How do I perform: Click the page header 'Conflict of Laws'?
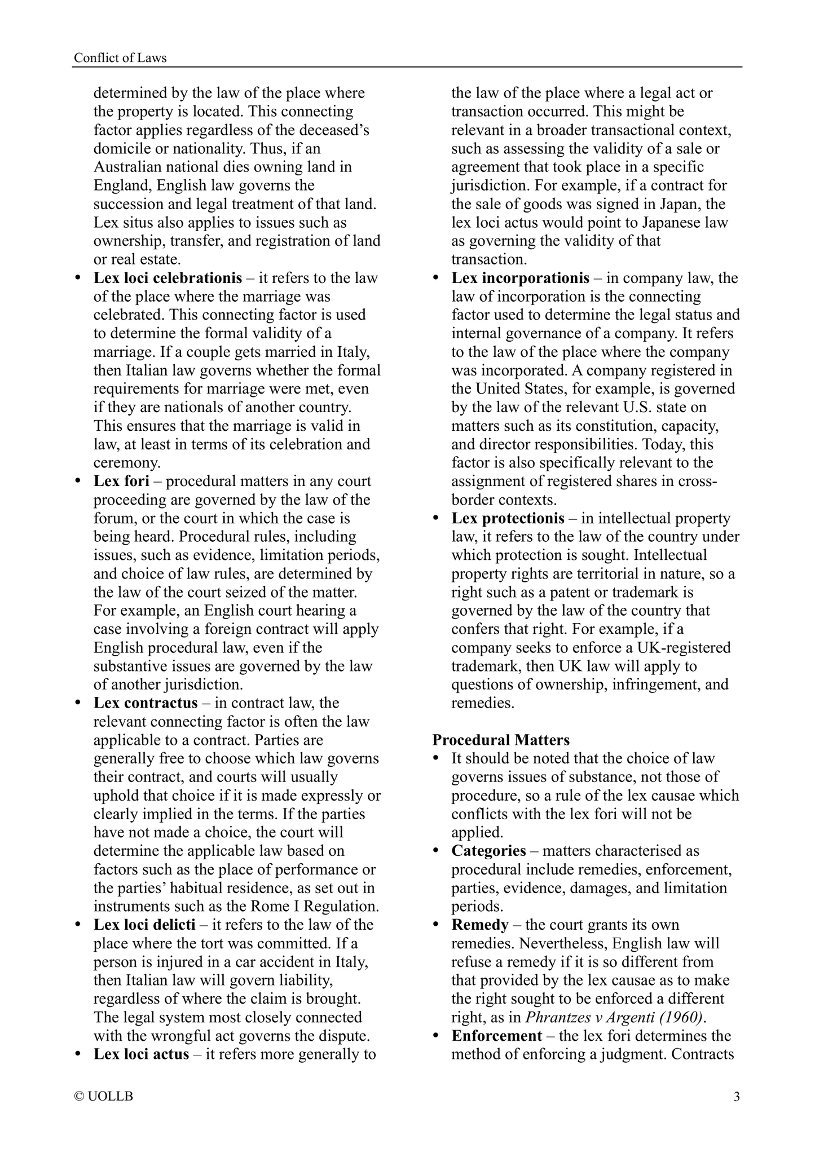pyautogui.click(x=120, y=58)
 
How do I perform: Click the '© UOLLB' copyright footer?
pyautogui.click(x=104, y=1108)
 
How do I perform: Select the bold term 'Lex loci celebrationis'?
pyautogui.click(x=168, y=278)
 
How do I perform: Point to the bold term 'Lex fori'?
pyautogui.click(x=121, y=481)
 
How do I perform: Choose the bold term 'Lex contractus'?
pyautogui.click(x=146, y=703)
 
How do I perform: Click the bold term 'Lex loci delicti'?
pyautogui.click(x=144, y=925)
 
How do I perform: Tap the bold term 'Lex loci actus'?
pyautogui.click(x=141, y=1054)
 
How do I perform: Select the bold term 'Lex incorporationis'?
pyautogui.click(x=520, y=278)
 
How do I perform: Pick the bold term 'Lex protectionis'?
pyautogui.click(x=508, y=518)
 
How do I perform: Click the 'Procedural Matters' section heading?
pyautogui.click(x=501, y=740)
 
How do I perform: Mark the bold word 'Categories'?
pyautogui.click(x=488, y=851)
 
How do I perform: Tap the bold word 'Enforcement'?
pyautogui.click(x=496, y=1036)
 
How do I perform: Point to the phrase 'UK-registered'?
pyautogui.click(x=679, y=647)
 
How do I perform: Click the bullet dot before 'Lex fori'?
pyautogui.click(x=78, y=482)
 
